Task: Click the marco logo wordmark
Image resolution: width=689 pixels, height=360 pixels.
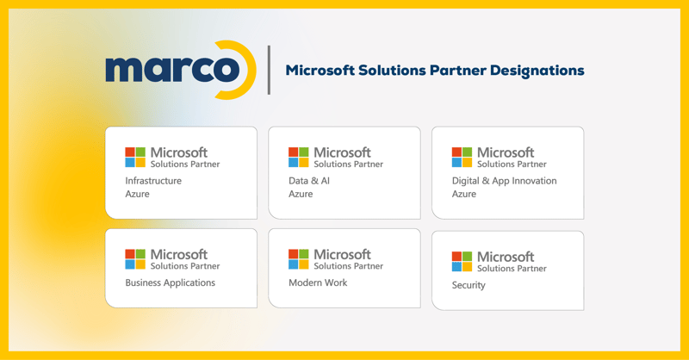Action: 172,70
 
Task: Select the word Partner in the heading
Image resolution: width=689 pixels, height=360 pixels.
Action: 458,71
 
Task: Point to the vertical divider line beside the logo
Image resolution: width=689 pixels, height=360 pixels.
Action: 269,70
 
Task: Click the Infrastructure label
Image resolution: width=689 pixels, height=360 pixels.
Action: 153,181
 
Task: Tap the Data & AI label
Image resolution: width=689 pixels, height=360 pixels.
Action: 309,181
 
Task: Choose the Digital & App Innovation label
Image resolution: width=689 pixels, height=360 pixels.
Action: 504,181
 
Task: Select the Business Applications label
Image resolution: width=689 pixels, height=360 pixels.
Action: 170,282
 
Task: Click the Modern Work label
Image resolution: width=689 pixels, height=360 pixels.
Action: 318,282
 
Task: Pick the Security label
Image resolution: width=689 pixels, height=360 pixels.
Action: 469,285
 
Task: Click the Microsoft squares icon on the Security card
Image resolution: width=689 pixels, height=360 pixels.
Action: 462,261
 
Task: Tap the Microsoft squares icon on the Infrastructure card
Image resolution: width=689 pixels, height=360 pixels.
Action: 135,157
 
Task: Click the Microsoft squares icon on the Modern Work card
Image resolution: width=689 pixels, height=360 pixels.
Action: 299,258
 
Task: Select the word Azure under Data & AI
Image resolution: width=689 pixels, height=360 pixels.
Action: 301,195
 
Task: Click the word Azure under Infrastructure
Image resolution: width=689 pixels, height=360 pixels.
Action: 137,195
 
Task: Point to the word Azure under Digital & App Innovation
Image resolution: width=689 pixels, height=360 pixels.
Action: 464,195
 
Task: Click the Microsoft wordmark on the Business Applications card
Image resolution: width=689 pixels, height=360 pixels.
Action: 179,254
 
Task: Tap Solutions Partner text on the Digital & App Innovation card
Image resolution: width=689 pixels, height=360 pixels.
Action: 512,164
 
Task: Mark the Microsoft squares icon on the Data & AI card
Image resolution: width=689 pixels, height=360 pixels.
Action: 299,157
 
